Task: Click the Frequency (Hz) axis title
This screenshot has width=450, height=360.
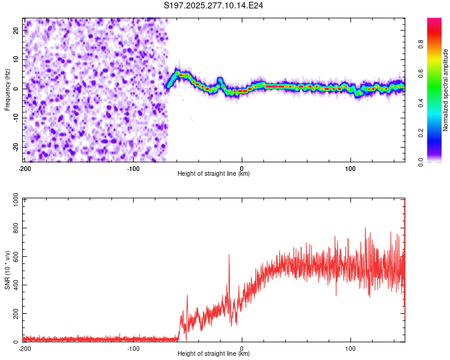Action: [8, 90]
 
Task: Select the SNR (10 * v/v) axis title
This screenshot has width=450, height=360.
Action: [8, 270]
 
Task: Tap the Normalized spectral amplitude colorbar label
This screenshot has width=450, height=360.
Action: [445, 90]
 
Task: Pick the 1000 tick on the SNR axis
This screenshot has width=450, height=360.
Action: [13, 200]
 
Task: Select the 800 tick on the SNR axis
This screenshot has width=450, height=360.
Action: [15, 229]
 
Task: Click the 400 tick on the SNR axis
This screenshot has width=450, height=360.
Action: [15, 286]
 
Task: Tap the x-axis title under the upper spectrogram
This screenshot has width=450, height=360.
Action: [214, 174]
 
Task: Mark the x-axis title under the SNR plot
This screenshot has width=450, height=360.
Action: [214, 354]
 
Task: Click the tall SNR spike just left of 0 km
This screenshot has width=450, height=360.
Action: [229, 256]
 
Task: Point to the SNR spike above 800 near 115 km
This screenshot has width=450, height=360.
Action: [365, 229]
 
